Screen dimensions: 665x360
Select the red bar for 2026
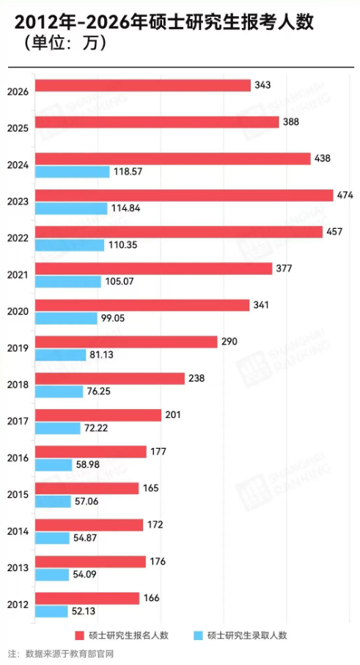pos(143,86)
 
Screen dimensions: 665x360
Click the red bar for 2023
pos(183,195)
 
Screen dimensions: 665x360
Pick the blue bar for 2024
pos(72,172)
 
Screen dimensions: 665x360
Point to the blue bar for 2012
pos(52,611)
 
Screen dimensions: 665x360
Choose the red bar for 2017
pos(98,415)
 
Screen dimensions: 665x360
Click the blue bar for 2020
pos(66,318)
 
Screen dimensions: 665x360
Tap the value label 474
pos(345,195)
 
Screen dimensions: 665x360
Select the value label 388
pos(290,122)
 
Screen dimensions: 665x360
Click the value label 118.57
pos(128,172)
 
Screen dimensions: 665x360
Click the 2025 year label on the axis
pos(18,128)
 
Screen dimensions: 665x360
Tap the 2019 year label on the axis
pos(18,348)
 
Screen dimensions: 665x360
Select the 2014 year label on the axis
pos(18,532)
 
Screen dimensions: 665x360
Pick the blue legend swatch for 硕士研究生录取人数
pos(196,635)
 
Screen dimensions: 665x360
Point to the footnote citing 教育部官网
pos(62,653)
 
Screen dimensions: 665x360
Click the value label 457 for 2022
pos(334,232)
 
